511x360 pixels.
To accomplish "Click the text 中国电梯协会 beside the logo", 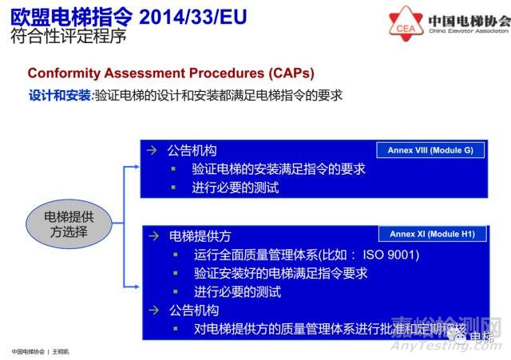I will [469, 19].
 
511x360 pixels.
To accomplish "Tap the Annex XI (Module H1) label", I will [432, 235].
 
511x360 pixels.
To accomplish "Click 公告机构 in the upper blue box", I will [192, 150].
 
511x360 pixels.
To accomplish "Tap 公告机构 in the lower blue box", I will [192, 310].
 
